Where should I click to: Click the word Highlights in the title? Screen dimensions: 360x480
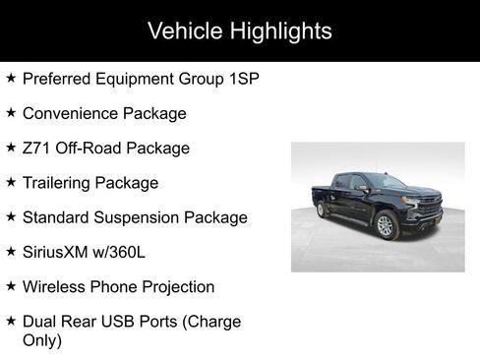[278, 31]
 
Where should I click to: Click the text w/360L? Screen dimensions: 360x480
[123, 252]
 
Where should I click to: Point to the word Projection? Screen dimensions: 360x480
[176, 287]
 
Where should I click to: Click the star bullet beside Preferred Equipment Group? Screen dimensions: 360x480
[10, 78]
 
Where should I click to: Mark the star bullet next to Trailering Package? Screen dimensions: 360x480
[10, 182]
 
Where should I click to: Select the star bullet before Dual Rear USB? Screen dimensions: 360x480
[10, 321]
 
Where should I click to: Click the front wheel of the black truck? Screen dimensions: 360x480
[386, 226]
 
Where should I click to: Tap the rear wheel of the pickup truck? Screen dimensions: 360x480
[321, 210]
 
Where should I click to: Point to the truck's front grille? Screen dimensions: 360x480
[429, 209]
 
